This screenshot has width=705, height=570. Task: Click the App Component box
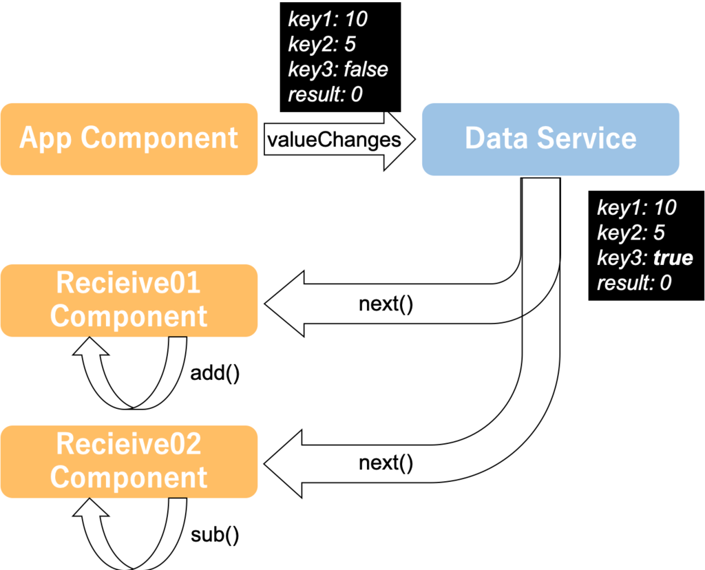click(x=129, y=138)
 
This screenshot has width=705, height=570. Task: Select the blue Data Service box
click(x=550, y=138)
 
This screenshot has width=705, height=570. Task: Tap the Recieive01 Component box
click(x=129, y=300)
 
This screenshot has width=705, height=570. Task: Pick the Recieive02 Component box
click(x=129, y=461)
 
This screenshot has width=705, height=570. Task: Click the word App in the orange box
click(x=47, y=138)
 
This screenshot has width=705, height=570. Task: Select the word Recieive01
click(x=128, y=283)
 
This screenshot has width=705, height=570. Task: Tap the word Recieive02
click(x=128, y=444)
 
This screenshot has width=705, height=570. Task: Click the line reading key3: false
click(x=337, y=70)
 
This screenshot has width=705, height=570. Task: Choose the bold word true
click(x=673, y=258)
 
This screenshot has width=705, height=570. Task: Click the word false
click(x=366, y=70)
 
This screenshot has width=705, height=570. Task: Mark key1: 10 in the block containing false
click(x=327, y=19)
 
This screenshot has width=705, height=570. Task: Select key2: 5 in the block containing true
click(x=631, y=233)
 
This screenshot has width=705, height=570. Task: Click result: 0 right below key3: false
click(x=325, y=94)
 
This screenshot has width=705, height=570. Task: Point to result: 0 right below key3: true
click(x=634, y=283)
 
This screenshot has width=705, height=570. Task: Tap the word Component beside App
click(x=160, y=138)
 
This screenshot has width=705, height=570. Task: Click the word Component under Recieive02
click(x=129, y=478)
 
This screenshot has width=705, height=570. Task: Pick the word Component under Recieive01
click(x=129, y=317)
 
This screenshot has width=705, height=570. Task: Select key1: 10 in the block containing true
click(x=636, y=207)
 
